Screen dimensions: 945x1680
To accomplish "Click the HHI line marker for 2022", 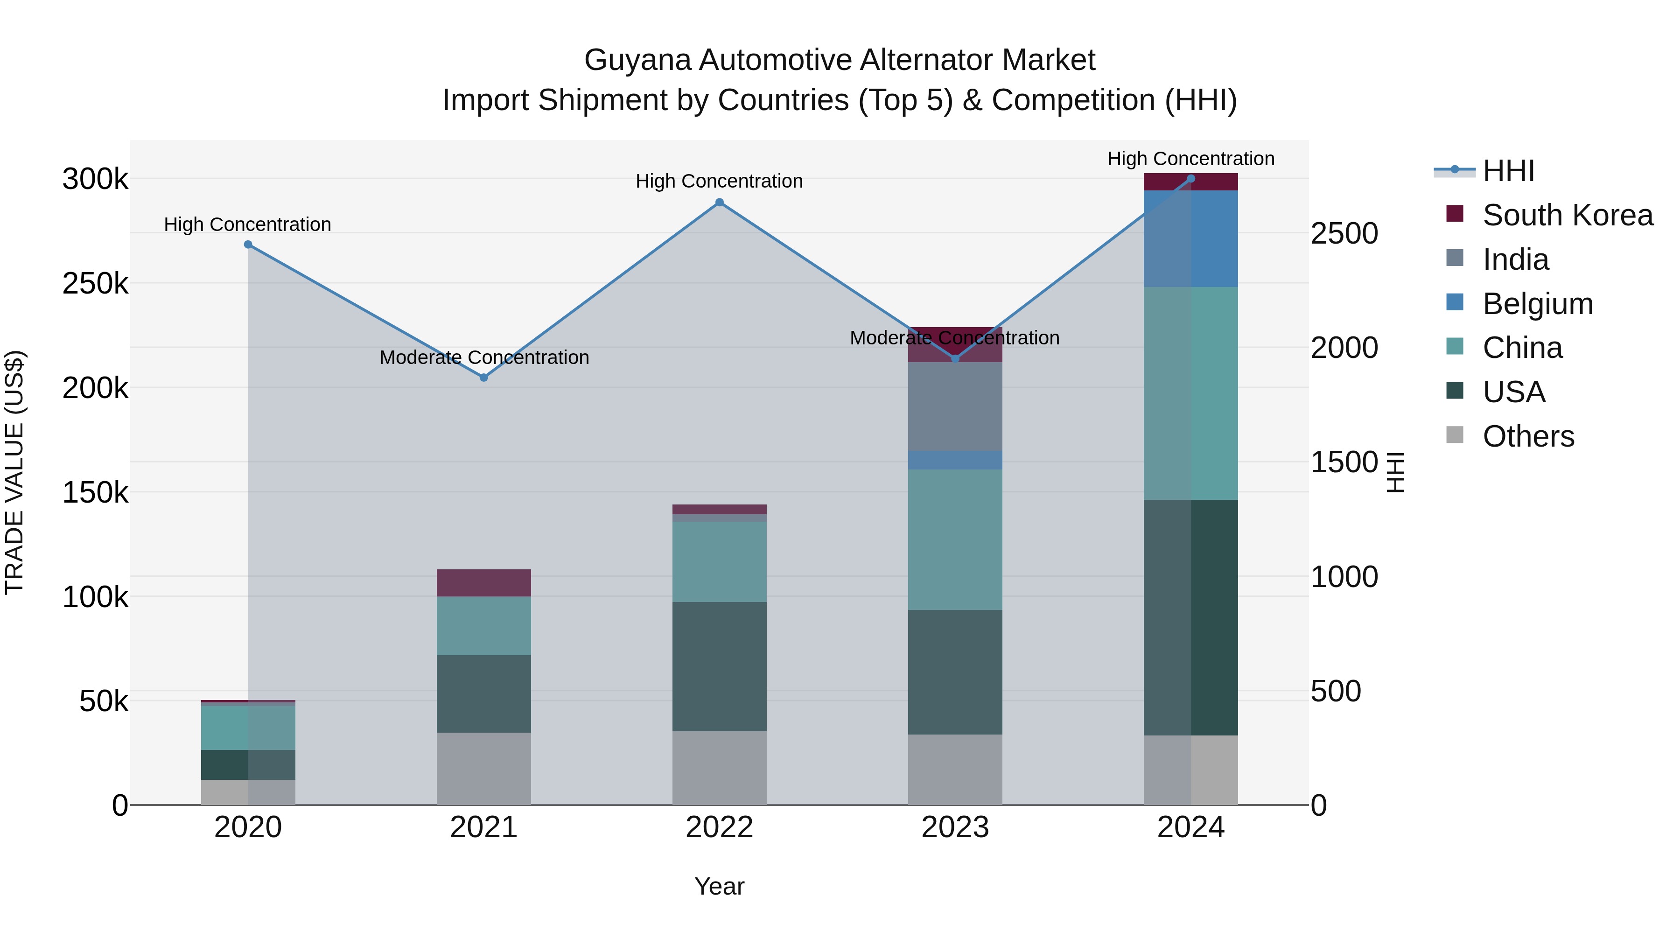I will (719, 202).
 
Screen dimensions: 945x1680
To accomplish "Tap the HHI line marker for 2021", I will (484, 378).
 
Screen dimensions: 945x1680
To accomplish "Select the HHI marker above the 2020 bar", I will (248, 245).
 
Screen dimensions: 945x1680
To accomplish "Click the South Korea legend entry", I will (1567, 215).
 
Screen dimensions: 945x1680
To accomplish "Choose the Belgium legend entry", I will (1537, 304).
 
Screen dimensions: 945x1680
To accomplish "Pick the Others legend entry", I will (1528, 436).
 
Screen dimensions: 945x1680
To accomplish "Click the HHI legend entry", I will (1508, 171).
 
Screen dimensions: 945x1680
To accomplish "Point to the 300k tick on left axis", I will (95, 179).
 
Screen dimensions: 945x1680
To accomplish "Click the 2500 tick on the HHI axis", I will (1344, 233).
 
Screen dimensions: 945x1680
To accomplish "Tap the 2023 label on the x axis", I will (955, 827).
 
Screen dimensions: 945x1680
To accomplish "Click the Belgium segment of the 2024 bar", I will (1191, 238).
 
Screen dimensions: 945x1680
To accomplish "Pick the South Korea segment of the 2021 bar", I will (484, 583).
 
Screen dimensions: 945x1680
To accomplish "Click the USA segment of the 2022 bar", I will (719, 666).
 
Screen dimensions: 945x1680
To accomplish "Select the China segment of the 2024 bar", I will (1191, 393).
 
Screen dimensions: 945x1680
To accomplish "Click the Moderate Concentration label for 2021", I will (484, 357).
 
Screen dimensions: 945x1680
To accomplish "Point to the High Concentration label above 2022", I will (719, 182).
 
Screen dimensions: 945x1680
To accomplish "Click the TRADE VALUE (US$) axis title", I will (14, 472).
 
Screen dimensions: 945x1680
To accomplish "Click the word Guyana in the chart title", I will (637, 60).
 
